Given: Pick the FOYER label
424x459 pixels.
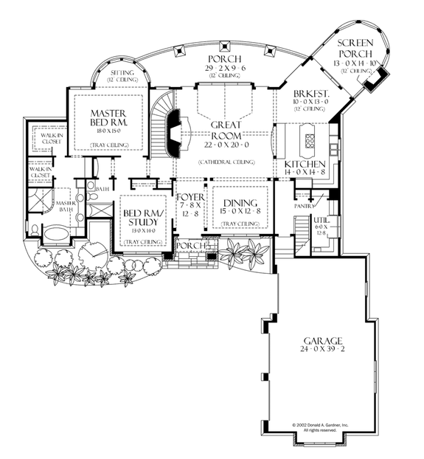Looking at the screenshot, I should (185, 198).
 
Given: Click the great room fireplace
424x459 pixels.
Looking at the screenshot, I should (172, 133).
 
